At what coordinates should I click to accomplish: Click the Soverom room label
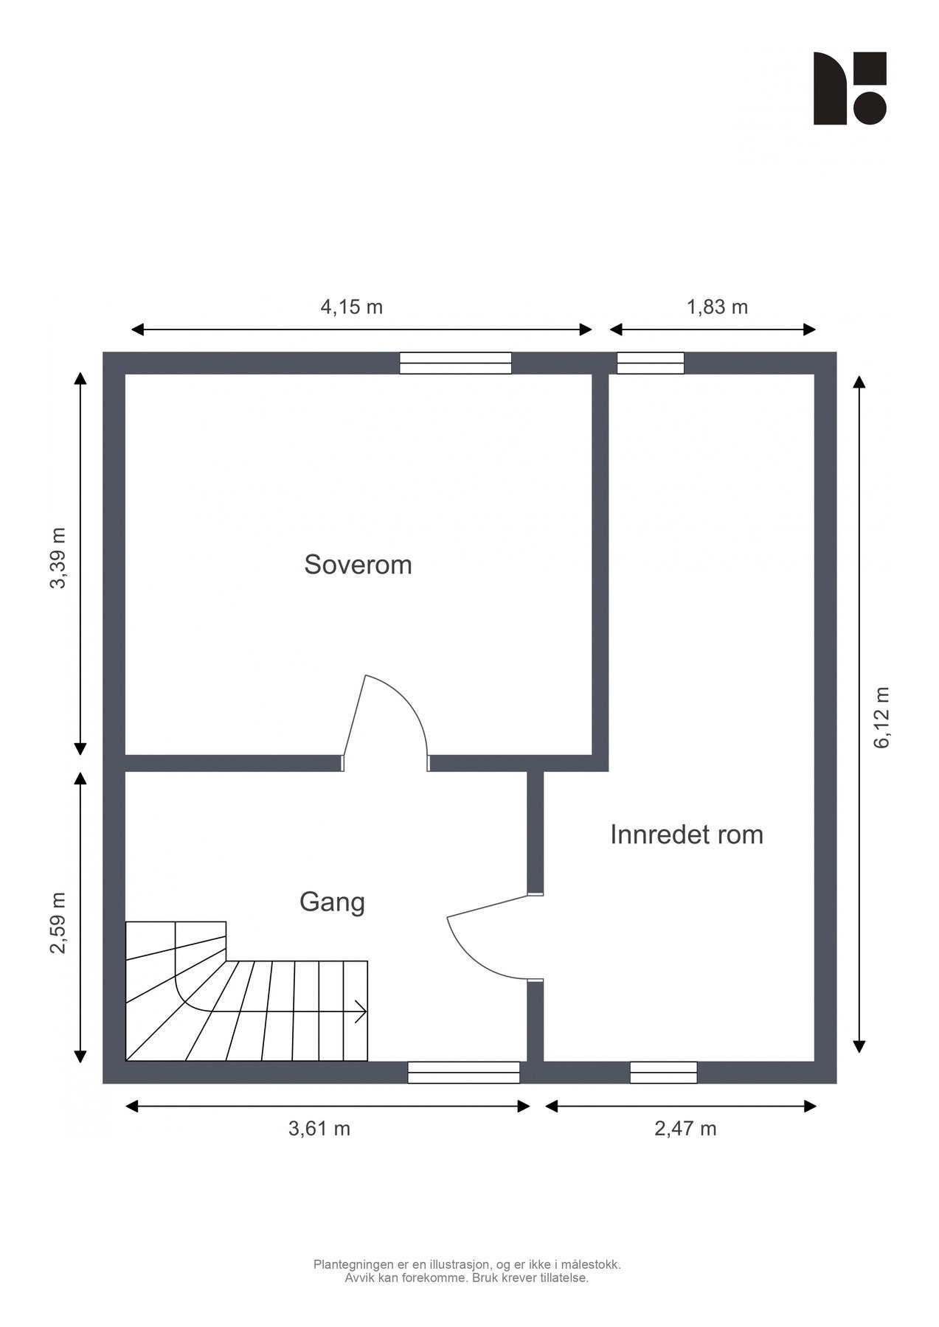pos(358,565)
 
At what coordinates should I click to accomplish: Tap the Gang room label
pos(332,902)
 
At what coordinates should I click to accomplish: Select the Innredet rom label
pos(686,835)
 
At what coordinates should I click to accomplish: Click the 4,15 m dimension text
pos(351,307)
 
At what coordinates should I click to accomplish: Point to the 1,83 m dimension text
pos(717,307)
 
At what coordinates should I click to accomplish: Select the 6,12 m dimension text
pos(882,717)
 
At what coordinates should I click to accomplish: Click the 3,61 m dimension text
pos(319,1129)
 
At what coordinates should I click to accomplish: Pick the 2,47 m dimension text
pos(685,1129)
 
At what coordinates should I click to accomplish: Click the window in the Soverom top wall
pos(455,363)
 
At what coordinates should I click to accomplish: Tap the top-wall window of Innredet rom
pos(650,363)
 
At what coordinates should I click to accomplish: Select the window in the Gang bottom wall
pos(463,1072)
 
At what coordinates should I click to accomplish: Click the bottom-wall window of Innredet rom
pos(663,1072)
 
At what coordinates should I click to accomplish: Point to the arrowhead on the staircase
pos(362,1011)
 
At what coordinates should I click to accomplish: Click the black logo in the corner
pos(849,88)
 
